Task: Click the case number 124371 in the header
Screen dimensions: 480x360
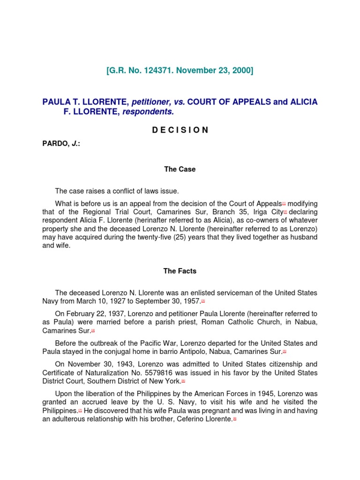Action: [x=152, y=71]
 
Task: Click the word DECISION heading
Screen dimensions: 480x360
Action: [x=180, y=130]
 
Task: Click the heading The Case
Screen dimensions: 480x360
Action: [x=180, y=169]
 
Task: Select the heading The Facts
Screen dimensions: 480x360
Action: [x=180, y=271]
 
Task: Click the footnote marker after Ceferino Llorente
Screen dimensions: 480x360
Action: [x=234, y=419]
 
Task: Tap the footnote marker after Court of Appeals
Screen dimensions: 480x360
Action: [x=284, y=202]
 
